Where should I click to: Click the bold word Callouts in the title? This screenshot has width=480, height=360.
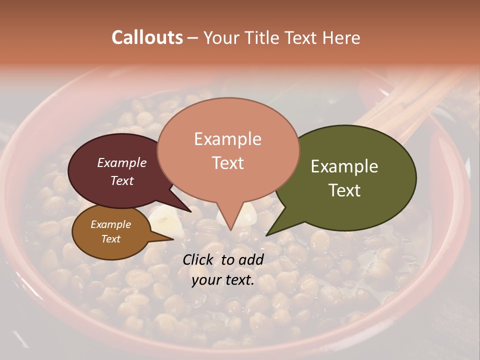pyautogui.click(x=147, y=37)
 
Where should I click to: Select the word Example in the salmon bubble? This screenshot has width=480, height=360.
pyautogui.click(x=227, y=139)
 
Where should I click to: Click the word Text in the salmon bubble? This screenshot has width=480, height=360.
pyautogui.click(x=227, y=163)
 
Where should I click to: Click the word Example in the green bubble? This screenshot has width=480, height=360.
pyautogui.click(x=344, y=166)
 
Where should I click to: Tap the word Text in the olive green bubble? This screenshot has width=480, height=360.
pyautogui.click(x=344, y=190)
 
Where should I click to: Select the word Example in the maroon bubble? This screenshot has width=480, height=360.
pyautogui.click(x=122, y=162)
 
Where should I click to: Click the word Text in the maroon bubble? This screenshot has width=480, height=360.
pyautogui.click(x=122, y=180)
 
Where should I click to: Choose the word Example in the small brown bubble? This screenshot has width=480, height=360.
pyautogui.click(x=110, y=224)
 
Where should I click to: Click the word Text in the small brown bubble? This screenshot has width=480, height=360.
pyautogui.click(x=110, y=239)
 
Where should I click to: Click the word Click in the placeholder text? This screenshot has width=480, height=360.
pyautogui.click(x=198, y=259)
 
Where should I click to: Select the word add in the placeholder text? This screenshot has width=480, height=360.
pyautogui.click(x=250, y=259)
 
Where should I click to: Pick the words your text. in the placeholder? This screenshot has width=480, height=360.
pyautogui.click(x=223, y=280)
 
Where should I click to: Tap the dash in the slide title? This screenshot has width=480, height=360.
pyautogui.click(x=193, y=38)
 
